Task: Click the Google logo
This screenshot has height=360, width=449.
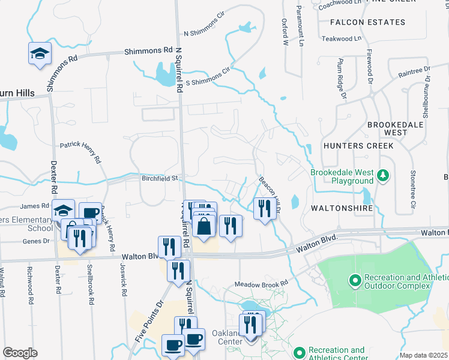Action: coord(20,353)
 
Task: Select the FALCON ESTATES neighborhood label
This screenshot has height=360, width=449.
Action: coord(367,22)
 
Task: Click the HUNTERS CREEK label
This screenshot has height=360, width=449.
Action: coord(358,146)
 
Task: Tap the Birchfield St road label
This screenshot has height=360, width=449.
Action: coord(160,178)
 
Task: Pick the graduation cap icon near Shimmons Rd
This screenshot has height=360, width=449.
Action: coord(40,53)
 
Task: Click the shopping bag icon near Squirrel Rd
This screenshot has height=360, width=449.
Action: coord(204,227)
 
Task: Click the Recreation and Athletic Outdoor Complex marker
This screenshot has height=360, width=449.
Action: coord(355,280)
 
